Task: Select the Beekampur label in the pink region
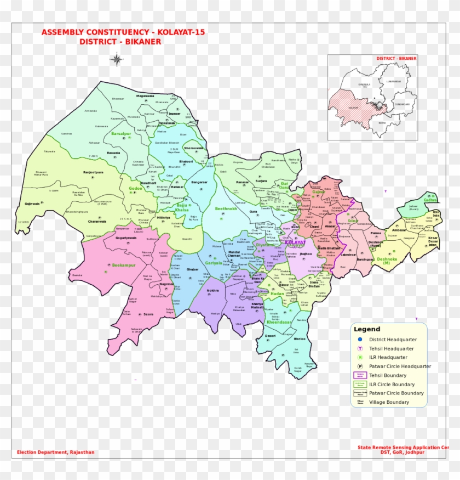click(123, 264)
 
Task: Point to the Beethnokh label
click(226, 208)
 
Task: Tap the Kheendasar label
click(279, 322)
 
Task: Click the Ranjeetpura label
click(93, 172)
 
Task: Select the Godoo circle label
click(135, 188)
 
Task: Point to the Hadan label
click(278, 293)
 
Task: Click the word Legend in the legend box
click(366, 329)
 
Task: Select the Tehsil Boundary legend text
click(388, 375)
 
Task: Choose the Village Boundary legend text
click(389, 402)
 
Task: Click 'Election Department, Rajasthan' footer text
click(55, 452)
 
